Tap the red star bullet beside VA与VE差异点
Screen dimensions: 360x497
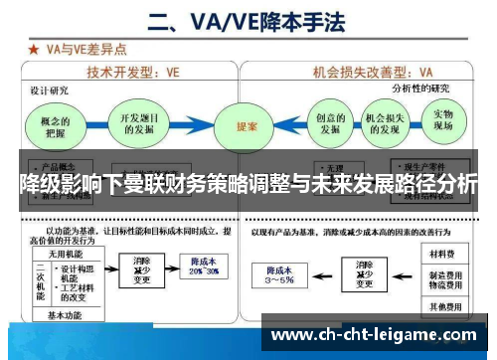tap(34, 47)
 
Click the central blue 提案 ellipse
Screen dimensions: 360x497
tap(247, 127)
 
